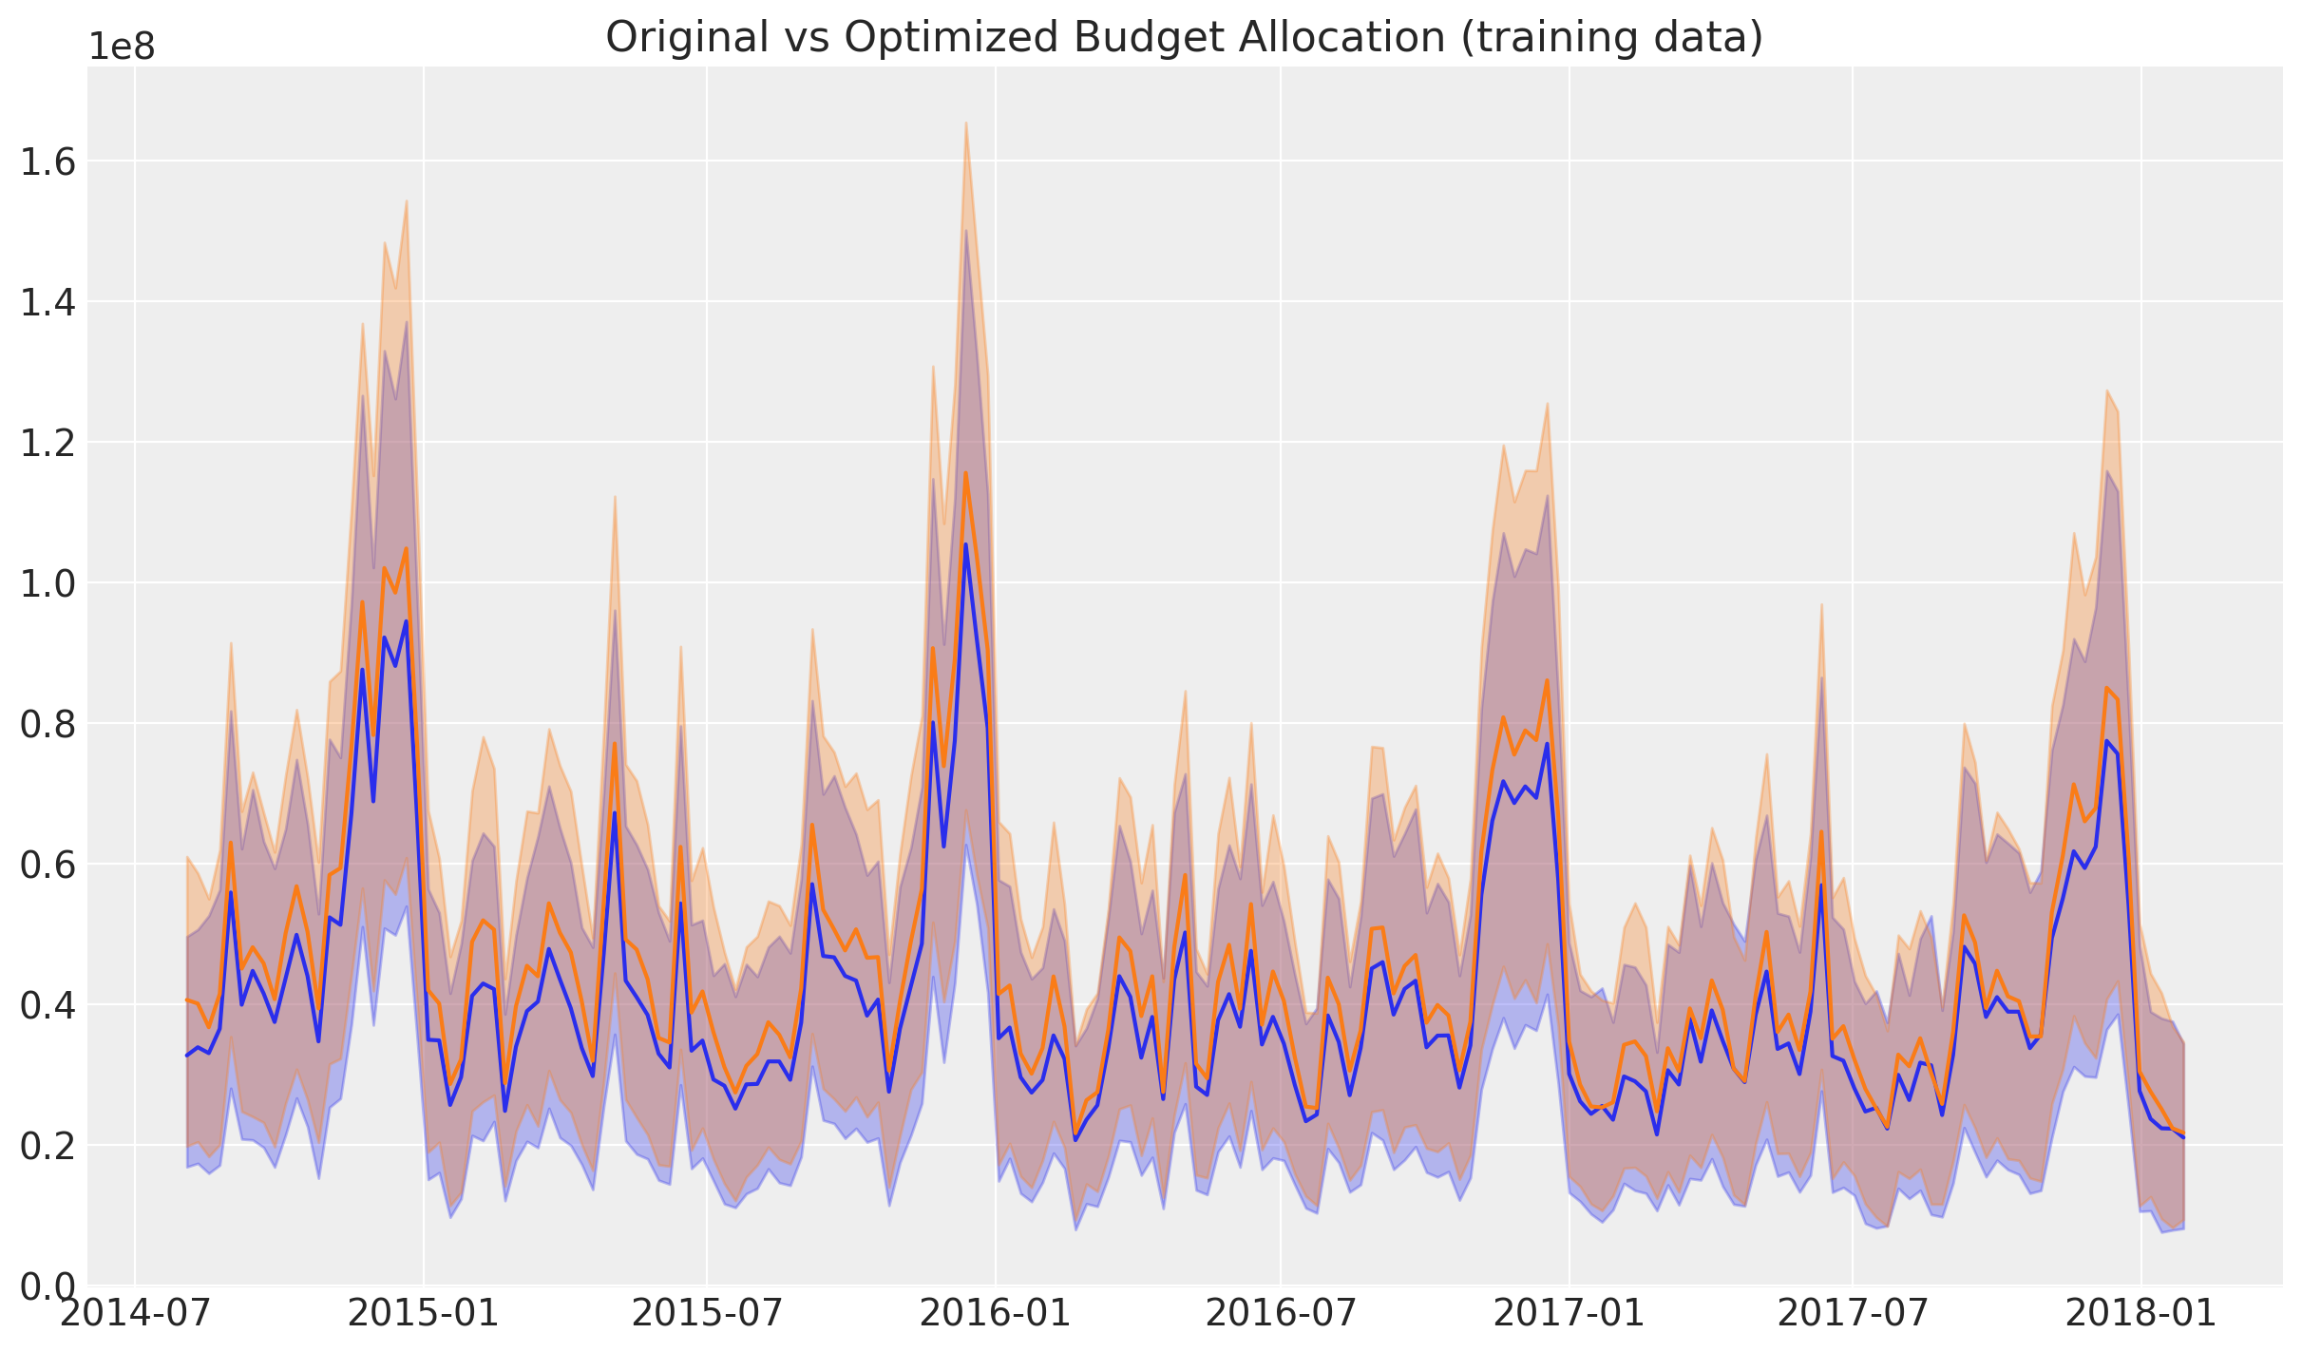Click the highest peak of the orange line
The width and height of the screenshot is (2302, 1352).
click(965, 472)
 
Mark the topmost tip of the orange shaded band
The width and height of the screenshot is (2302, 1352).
click(965, 123)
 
